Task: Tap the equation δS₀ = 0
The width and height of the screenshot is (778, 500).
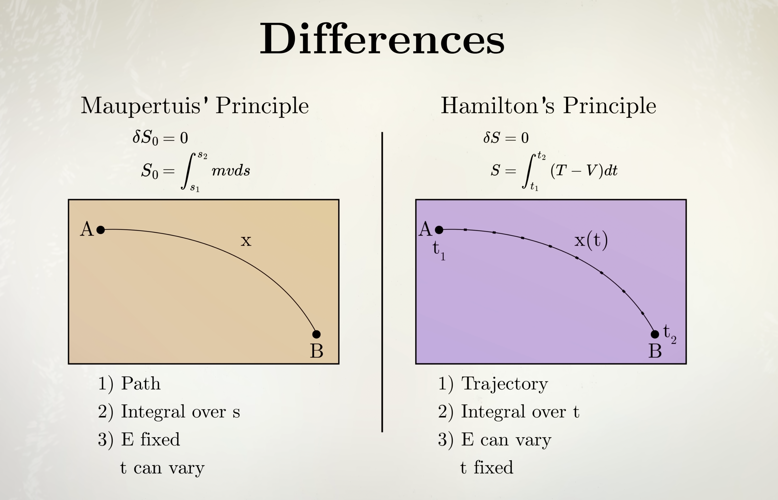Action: point(160,138)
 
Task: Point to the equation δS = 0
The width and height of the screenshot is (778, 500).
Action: point(506,137)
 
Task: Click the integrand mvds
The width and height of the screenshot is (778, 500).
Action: point(231,170)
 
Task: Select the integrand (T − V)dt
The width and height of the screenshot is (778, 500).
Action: point(584,170)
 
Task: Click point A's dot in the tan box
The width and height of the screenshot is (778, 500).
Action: point(101,230)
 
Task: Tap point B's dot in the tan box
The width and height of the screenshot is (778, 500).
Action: point(316,334)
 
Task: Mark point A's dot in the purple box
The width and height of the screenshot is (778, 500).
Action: point(439,230)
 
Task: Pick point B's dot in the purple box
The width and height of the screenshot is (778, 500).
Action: point(655,334)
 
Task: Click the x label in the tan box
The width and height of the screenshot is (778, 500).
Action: point(246,241)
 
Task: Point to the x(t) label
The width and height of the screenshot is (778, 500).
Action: point(591,241)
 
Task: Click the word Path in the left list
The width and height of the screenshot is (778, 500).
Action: point(141,383)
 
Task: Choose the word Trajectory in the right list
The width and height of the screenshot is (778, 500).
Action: point(505,384)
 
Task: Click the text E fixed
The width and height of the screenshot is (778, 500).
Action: point(150,440)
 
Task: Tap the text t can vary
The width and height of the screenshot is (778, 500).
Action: point(162,468)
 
